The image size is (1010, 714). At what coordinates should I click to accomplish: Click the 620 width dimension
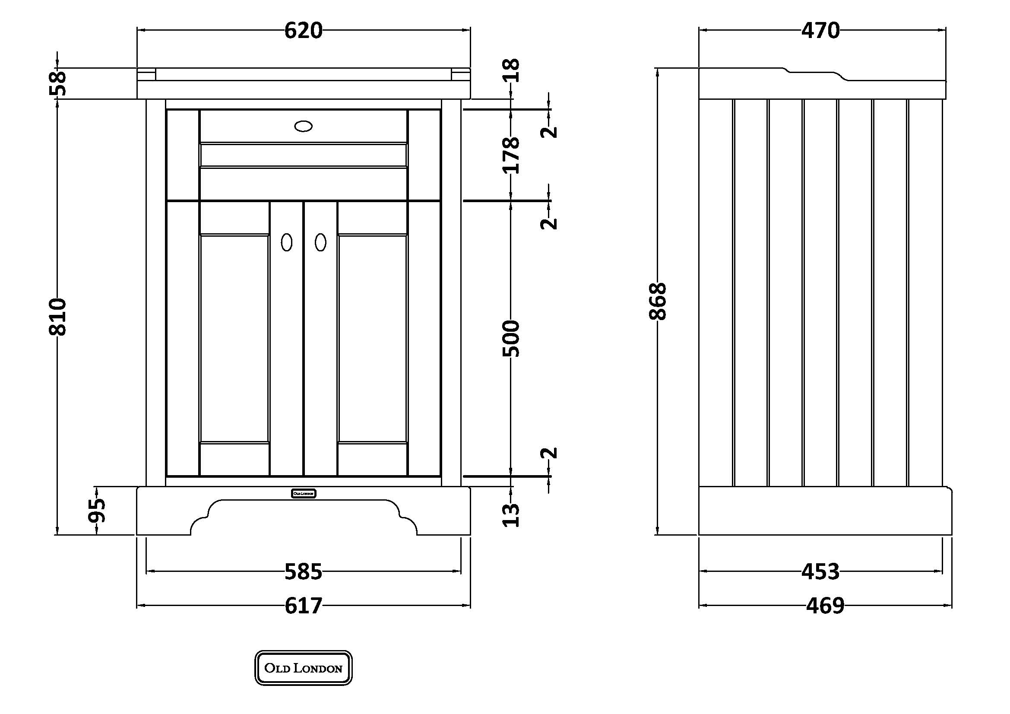(303, 31)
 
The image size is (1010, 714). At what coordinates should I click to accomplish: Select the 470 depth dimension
(820, 31)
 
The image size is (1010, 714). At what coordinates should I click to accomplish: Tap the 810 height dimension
(57, 317)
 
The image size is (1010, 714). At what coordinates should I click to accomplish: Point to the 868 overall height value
(658, 301)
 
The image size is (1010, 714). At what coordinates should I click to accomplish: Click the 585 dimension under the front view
(303, 571)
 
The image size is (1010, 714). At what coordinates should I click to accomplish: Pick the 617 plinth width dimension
(303, 606)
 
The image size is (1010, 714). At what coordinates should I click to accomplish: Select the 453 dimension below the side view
(820, 571)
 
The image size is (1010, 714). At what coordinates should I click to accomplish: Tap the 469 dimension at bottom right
(825, 606)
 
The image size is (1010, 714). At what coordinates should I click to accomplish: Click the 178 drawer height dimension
(511, 155)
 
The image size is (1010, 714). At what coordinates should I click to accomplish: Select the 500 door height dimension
(511, 339)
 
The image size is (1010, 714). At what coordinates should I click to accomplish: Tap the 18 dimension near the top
(511, 70)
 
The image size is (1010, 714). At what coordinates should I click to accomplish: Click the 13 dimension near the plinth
(511, 515)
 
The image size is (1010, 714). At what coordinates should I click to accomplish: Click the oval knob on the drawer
(303, 127)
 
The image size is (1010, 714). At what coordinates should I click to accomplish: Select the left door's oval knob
(286, 242)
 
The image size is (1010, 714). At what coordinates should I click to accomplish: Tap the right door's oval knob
(321, 242)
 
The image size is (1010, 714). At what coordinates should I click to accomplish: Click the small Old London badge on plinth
(304, 494)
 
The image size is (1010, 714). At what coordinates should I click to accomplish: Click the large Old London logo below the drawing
(304, 668)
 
